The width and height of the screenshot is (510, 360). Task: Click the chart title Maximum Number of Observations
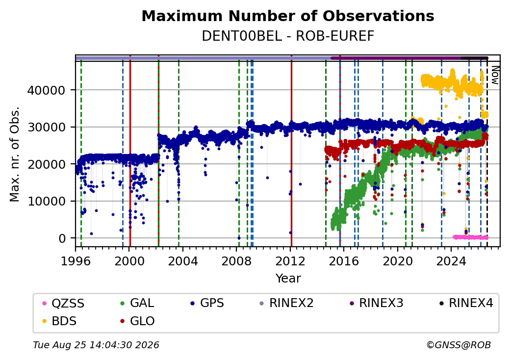click(288, 16)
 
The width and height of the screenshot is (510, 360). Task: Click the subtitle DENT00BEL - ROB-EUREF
click(288, 36)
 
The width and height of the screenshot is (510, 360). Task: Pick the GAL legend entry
click(137, 303)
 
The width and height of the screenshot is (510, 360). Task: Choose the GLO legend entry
click(137, 321)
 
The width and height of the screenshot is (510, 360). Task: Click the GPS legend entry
click(207, 303)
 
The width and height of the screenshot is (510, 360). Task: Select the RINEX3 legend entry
click(376, 303)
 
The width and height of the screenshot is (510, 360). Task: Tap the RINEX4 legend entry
click(466, 303)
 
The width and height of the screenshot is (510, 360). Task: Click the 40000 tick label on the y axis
click(46, 90)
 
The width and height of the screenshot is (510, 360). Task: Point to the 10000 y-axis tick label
click(46, 201)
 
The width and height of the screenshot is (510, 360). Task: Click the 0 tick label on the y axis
click(62, 238)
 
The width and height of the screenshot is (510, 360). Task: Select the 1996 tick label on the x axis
click(76, 261)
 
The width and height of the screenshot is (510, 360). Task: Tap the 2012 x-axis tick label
click(290, 261)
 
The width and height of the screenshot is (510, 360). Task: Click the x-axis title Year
click(288, 279)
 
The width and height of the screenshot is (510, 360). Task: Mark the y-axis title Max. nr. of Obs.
click(15, 154)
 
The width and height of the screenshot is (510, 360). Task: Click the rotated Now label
click(495, 75)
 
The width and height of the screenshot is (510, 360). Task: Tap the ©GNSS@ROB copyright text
click(459, 345)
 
